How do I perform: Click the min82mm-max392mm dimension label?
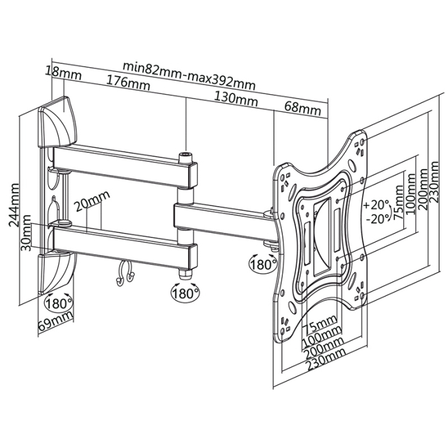click(189, 67)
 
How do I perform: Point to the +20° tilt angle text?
click(376, 205)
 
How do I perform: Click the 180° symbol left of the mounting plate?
click(262, 263)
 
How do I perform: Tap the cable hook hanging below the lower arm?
click(124, 273)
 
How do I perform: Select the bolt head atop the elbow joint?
click(186, 156)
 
